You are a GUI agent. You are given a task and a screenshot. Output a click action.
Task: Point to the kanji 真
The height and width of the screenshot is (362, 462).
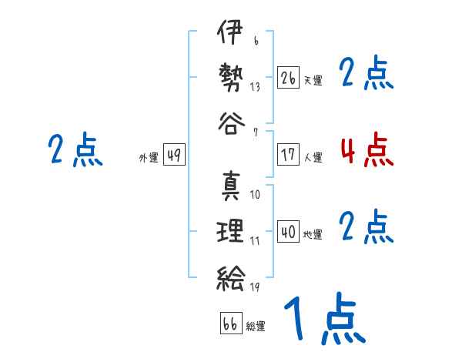tap(229, 186)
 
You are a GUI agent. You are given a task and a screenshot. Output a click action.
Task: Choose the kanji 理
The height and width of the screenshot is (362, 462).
tap(229, 231)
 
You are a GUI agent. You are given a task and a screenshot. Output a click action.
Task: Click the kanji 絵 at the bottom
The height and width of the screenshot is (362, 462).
tap(229, 276)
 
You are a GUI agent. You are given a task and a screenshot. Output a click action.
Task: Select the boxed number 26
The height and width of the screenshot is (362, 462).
tap(288, 78)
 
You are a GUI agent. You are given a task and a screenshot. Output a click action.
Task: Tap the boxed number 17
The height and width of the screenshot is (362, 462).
tap(288, 154)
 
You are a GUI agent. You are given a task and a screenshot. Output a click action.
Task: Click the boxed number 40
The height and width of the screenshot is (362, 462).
tap(288, 232)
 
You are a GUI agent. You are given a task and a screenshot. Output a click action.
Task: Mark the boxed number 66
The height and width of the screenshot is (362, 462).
tap(230, 323)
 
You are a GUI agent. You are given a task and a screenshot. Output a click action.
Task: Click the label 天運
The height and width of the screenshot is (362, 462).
tap(313, 80)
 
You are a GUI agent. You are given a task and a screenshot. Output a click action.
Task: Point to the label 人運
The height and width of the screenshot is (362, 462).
tap(313, 157)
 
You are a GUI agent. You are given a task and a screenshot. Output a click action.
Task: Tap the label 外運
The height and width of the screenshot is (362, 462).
tap(149, 157)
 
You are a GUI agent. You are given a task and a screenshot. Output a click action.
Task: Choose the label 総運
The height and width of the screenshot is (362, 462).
tap(256, 327)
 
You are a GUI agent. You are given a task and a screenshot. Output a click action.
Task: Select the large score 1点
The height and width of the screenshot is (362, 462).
tap(323, 320)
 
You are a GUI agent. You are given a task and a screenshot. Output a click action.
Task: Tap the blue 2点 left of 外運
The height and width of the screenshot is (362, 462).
tap(75, 150)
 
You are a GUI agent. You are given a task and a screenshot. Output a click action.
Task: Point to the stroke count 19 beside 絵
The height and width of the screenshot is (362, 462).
tap(254, 287)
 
